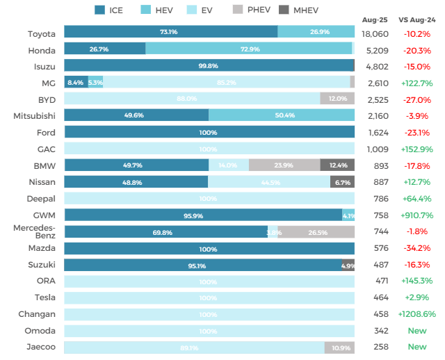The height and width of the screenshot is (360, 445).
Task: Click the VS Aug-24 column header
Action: (x=417, y=20)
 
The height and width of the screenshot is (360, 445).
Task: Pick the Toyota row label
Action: (x=42, y=33)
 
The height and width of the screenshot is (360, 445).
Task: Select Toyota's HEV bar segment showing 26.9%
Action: (x=316, y=32)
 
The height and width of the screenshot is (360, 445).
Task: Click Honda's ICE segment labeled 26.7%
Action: (x=104, y=49)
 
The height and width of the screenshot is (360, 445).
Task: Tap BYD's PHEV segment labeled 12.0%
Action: (x=337, y=99)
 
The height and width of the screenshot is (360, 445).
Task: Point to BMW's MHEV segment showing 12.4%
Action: (x=337, y=165)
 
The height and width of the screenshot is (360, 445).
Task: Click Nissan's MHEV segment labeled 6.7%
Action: (x=342, y=182)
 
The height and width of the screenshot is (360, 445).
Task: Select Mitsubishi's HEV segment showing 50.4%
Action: (x=282, y=115)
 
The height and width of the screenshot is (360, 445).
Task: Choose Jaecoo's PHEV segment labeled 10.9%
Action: (x=339, y=347)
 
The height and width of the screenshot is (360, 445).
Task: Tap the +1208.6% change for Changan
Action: (x=417, y=314)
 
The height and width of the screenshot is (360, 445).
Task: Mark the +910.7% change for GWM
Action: (x=417, y=215)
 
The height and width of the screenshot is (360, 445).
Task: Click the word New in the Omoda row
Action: (x=417, y=331)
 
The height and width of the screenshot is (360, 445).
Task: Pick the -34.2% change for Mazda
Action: (x=417, y=248)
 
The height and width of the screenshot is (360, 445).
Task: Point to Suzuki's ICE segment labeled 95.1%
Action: (x=202, y=265)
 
